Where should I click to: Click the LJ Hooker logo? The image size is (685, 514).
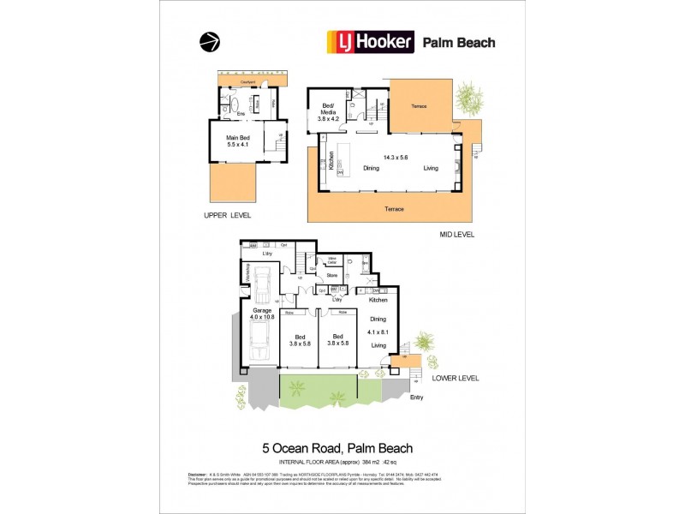(x=369, y=41)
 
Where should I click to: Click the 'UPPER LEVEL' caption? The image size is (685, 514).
(x=227, y=215)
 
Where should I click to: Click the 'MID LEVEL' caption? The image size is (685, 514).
(x=456, y=234)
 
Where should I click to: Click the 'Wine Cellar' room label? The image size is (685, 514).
(x=331, y=260)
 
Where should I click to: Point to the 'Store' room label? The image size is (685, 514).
(x=332, y=275)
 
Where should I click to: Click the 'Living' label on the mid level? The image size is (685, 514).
(x=430, y=168)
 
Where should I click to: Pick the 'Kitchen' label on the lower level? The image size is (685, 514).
(x=378, y=300)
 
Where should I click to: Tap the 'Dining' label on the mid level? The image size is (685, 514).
(x=371, y=168)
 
